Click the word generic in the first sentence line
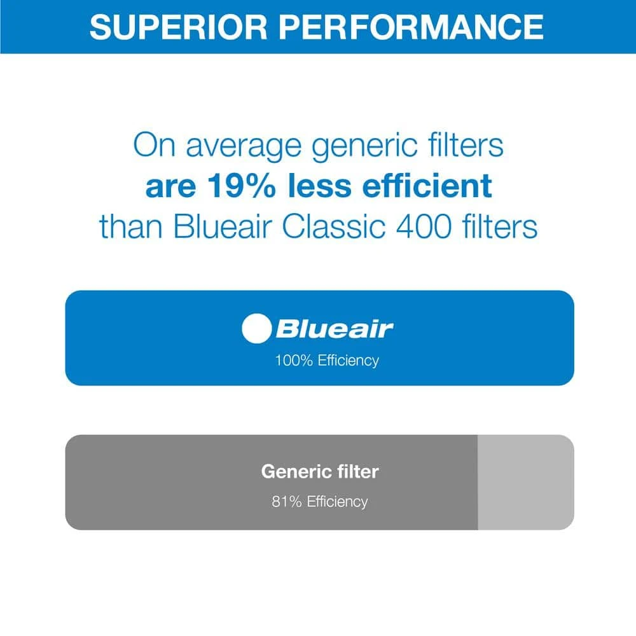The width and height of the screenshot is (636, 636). tap(342, 146)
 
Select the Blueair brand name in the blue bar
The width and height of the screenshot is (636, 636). tap(335, 329)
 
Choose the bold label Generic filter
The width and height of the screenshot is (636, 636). tap(319, 472)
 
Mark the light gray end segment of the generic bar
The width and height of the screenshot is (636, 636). tap(525, 482)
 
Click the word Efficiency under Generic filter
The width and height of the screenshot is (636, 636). tap(338, 501)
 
